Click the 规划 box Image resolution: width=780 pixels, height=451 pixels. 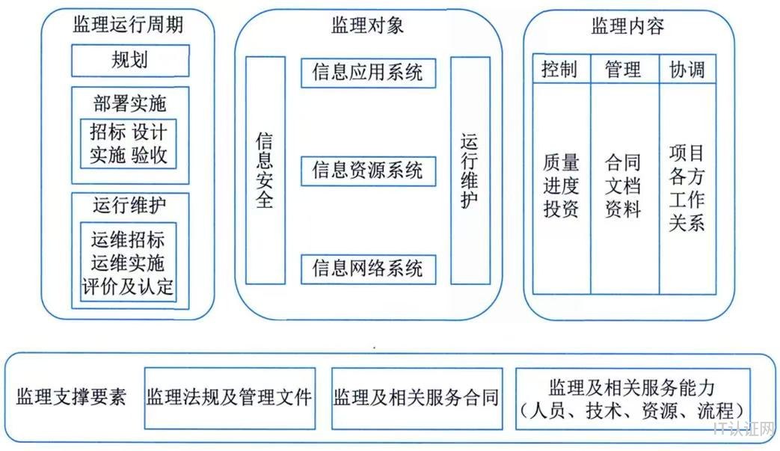(x=129, y=60)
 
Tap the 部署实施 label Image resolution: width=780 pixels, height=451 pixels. (x=129, y=103)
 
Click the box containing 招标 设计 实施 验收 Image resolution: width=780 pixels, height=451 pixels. (x=129, y=144)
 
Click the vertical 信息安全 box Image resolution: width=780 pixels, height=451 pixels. (x=265, y=171)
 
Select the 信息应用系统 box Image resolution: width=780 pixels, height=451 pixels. (x=367, y=72)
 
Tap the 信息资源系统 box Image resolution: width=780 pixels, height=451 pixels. (x=367, y=170)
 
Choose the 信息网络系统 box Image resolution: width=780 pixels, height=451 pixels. (x=367, y=267)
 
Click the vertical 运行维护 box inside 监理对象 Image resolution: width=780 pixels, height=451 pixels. (x=470, y=171)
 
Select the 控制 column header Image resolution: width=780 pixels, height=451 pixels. (x=561, y=70)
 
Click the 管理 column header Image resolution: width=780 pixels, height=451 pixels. (x=624, y=70)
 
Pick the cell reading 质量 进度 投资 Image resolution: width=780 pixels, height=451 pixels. (x=561, y=185)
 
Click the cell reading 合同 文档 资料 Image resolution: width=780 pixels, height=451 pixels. (x=624, y=185)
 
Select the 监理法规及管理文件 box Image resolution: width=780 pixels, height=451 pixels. (x=229, y=396)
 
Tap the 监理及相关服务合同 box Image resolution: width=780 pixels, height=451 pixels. (x=416, y=396)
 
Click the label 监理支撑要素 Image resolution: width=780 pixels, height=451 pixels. (x=72, y=396)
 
